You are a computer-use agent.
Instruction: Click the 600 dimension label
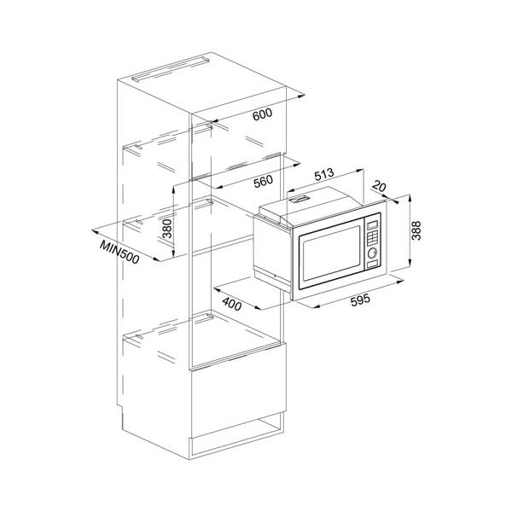pyautogui.click(x=262, y=114)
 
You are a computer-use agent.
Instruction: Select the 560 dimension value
pyautogui.click(x=263, y=182)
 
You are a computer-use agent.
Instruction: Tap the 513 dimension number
pyautogui.click(x=324, y=174)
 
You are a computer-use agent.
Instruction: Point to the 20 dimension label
pyautogui.click(x=379, y=186)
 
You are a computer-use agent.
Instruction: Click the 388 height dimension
pyautogui.click(x=416, y=230)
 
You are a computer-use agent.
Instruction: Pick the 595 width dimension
pyautogui.click(x=360, y=300)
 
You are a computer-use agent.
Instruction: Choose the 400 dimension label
pyautogui.click(x=232, y=305)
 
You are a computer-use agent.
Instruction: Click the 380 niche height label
pyautogui.click(x=167, y=229)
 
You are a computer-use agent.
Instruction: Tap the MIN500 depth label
pyautogui.click(x=119, y=252)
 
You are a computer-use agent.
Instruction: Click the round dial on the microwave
pyautogui.click(x=372, y=253)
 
